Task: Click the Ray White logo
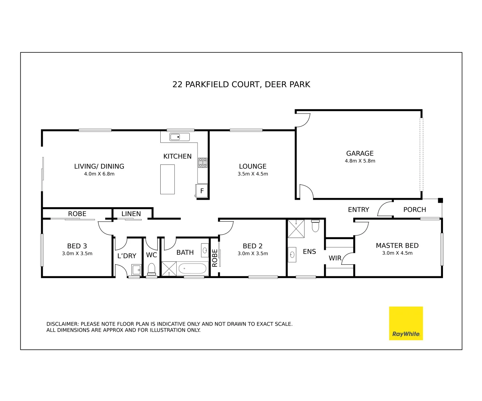click(406, 323)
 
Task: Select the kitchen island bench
click(167, 179)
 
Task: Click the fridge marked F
click(202, 191)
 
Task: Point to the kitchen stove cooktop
click(203, 163)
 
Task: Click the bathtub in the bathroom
click(192, 268)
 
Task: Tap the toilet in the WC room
click(151, 269)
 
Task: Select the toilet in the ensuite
click(315, 225)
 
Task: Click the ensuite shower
click(296, 228)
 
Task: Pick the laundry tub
click(136, 269)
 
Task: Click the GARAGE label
click(360, 153)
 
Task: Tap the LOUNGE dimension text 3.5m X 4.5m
click(253, 174)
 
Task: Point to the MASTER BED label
click(397, 245)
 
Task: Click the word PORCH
click(415, 209)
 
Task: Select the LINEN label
click(131, 214)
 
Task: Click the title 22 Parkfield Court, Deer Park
click(241, 84)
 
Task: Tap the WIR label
click(335, 258)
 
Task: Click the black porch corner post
click(440, 201)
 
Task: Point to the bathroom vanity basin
click(205, 250)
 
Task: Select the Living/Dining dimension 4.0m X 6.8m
click(99, 174)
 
